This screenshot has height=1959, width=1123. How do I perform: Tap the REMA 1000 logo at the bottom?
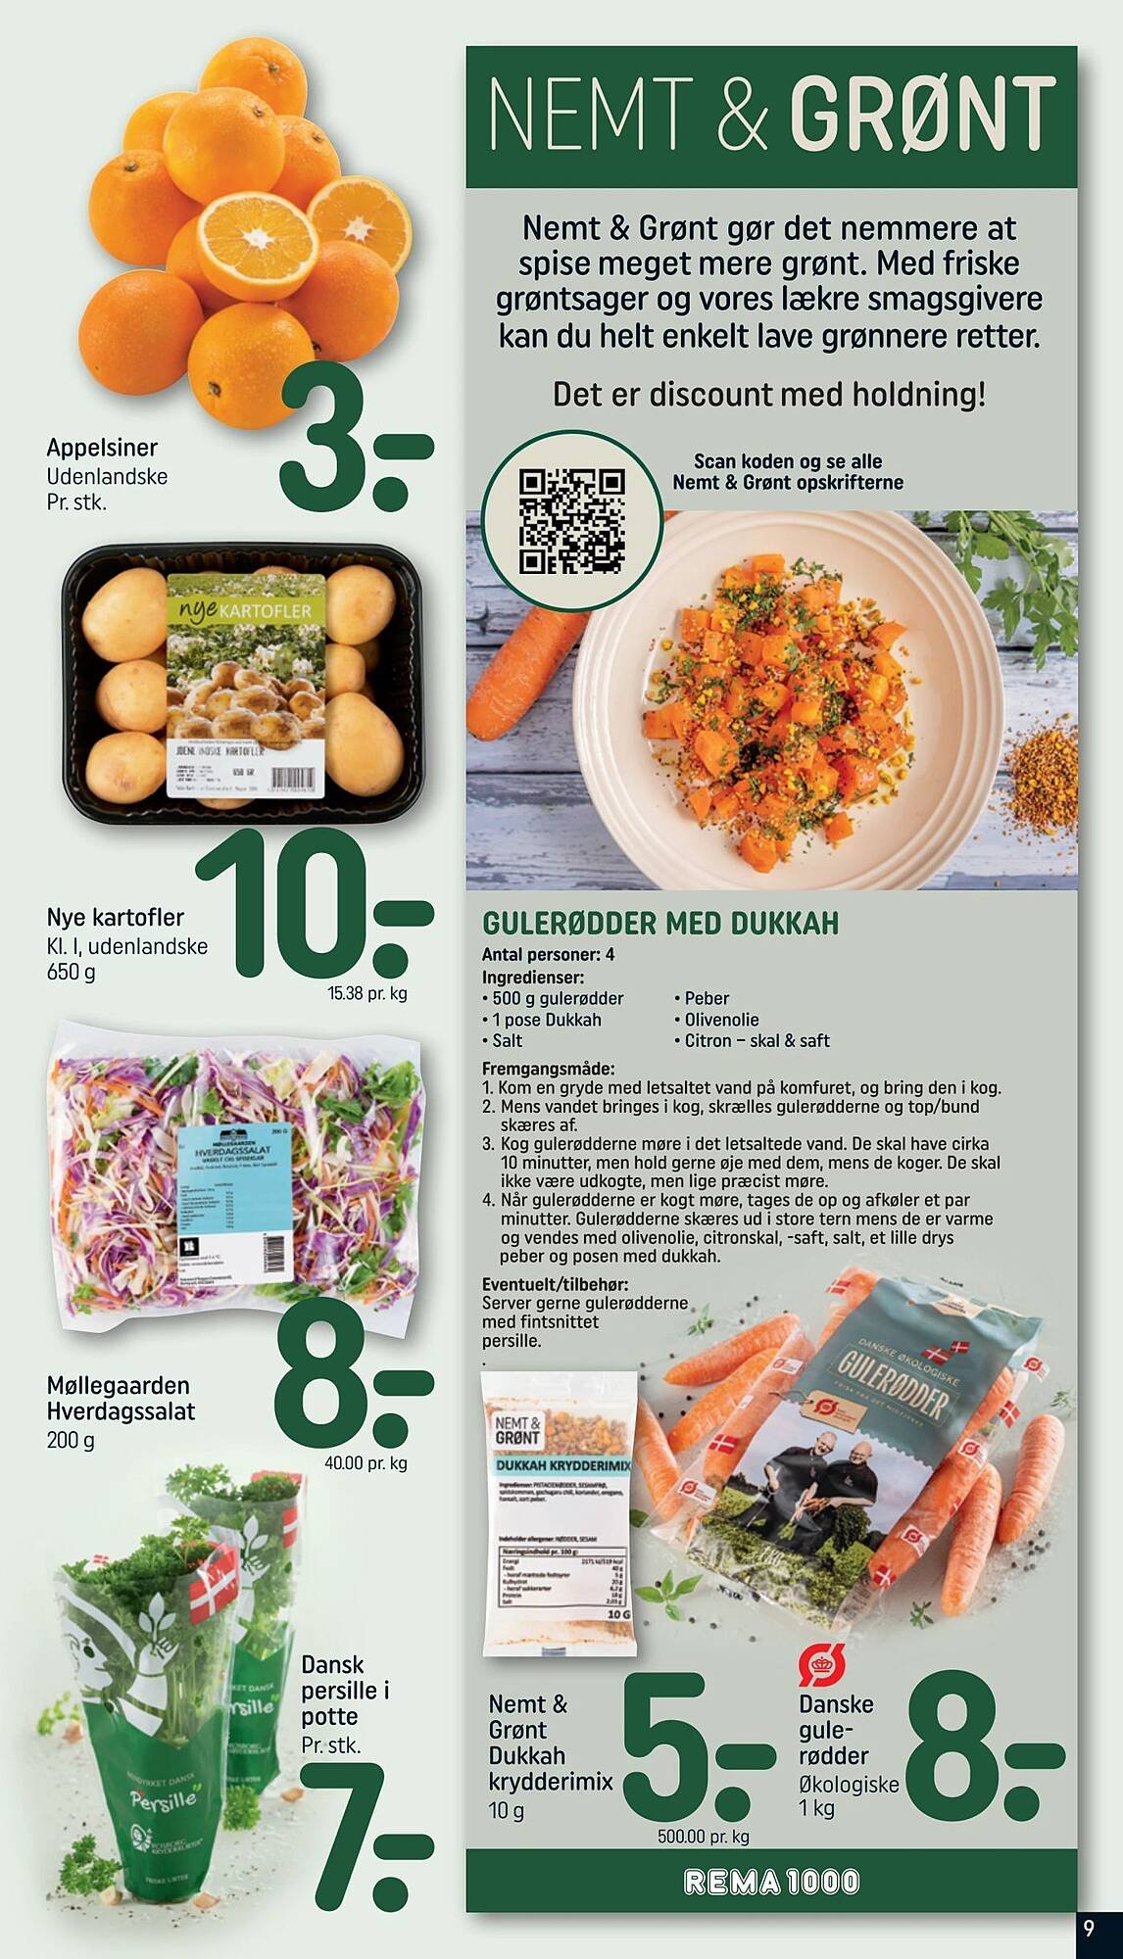tap(772, 1881)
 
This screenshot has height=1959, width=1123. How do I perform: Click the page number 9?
tap(1089, 1929)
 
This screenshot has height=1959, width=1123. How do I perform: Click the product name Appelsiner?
tap(102, 448)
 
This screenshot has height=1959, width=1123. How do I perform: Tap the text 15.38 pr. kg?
tap(367, 993)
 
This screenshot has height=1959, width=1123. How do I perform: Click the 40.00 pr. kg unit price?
tap(366, 1463)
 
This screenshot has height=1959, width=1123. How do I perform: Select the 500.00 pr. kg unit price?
tap(703, 1837)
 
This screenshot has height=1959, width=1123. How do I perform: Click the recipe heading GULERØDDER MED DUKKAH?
tap(660, 923)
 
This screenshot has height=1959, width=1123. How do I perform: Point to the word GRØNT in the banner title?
tap(921, 116)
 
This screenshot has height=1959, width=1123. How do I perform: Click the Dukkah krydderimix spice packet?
tap(557, 1512)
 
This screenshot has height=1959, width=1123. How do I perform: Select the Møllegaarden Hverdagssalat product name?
tap(121, 1399)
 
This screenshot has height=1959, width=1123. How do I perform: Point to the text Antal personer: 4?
tap(548, 954)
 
